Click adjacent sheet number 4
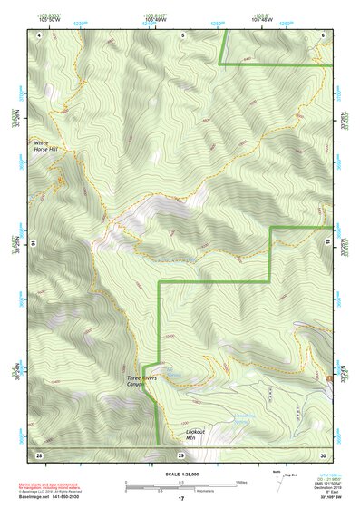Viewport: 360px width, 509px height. tap(41, 34)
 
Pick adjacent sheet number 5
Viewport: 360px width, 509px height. tap(181, 34)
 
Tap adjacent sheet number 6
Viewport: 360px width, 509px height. tap(324, 34)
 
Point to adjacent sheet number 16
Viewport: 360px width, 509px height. tap(32, 243)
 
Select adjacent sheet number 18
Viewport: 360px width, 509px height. tap(328, 243)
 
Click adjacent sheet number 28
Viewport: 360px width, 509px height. tap(39, 453)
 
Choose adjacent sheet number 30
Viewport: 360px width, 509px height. tap(324, 453)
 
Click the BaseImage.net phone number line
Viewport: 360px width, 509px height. tap(57, 495)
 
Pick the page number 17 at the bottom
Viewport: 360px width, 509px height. tap(181, 498)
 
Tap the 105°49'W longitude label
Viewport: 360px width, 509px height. tap(155, 21)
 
